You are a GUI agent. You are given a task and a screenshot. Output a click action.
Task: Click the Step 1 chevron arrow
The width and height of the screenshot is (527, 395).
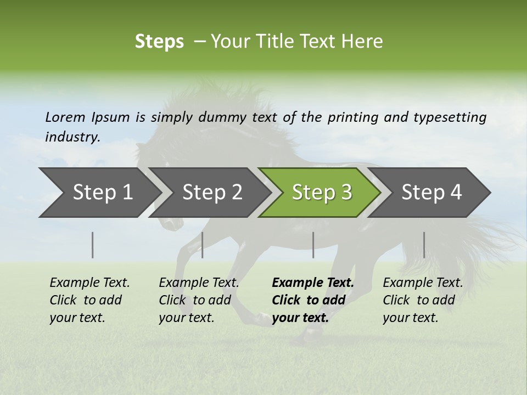point(99,193)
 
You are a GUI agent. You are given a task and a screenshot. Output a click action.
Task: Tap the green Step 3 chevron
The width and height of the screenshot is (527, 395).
point(321,193)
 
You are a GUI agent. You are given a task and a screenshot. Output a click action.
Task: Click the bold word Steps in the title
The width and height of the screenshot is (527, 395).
point(159,42)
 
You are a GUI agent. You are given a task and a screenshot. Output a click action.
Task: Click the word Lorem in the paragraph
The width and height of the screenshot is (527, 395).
point(65,117)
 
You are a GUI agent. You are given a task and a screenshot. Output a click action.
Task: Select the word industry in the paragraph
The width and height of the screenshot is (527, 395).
point(72,137)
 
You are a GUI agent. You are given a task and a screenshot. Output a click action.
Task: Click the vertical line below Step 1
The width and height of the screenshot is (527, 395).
point(93,245)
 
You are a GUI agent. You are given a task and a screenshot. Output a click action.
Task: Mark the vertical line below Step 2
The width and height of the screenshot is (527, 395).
point(203,245)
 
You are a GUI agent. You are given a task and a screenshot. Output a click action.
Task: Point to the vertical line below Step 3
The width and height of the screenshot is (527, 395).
point(313,245)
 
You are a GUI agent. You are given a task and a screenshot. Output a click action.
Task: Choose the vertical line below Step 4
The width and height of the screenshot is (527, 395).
point(424,245)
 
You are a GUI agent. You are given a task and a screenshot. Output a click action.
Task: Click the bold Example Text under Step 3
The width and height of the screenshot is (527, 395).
point(313,283)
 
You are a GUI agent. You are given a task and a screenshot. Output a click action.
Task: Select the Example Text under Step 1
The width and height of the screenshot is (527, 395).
point(89,283)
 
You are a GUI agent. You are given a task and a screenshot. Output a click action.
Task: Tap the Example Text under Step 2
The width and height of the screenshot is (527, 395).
point(199,283)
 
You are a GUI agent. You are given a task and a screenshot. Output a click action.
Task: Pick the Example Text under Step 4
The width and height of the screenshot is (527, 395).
point(423,283)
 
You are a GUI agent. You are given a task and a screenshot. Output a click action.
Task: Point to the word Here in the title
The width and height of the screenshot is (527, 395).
point(366,42)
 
